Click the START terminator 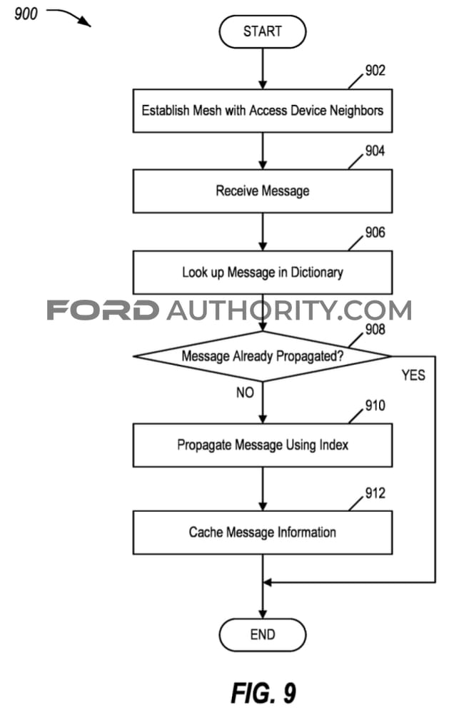(263, 31)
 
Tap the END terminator (263, 634)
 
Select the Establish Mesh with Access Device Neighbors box (263, 111)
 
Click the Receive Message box (263, 191)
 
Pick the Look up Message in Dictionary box (263, 273)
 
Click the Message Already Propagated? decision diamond (263, 356)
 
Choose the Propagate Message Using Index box (263, 445)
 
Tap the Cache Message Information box (263, 532)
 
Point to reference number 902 (375, 70)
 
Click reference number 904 (375, 151)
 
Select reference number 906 (375, 232)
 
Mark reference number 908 (375, 329)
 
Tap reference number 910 (375, 405)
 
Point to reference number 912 (375, 493)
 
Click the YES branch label (413, 375)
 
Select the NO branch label (245, 392)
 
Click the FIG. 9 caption (263, 693)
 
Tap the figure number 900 (26, 14)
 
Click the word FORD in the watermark (103, 310)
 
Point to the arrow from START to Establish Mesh (263, 69)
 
